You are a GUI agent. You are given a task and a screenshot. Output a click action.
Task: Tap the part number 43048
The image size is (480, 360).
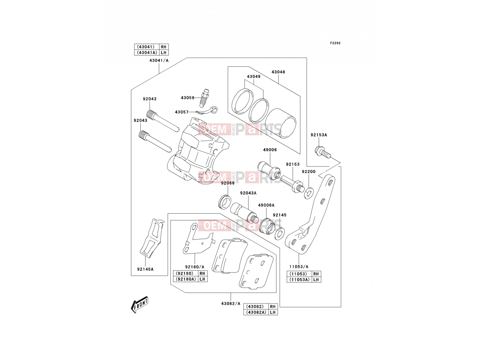pyautogui.click(x=278, y=72)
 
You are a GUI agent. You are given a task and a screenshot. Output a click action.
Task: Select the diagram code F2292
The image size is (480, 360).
pyautogui.click(x=335, y=43)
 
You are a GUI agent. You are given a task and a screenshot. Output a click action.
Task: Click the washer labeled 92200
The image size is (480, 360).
pyautogui.click(x=309, y=193)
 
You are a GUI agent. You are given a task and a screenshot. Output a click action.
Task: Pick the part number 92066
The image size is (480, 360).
pyautogui.click(x=228, y=183)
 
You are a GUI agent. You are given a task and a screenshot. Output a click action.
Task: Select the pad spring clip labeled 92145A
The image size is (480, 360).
pyautogui.click(x=152, y=238)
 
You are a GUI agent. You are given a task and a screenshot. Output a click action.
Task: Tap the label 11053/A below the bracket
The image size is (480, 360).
pyautogui.click(x=299, y=267)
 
